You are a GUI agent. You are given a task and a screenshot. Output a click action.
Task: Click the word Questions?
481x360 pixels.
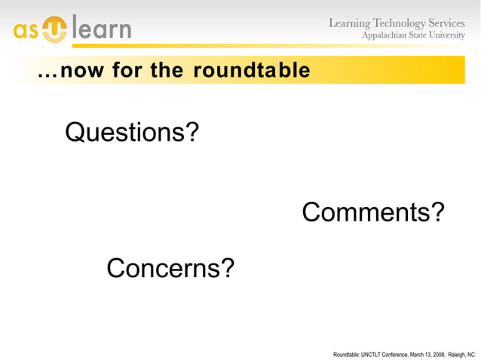click(132, 133)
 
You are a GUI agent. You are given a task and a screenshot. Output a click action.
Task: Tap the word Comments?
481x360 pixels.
click(372, 212)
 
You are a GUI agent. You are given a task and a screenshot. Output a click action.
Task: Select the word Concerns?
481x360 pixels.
click(170, 267)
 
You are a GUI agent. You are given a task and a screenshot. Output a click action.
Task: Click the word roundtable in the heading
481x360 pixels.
click(251, 71)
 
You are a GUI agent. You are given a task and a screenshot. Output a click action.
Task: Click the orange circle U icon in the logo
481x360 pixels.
click(56, 30)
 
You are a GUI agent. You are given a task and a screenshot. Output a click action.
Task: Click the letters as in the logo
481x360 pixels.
click(26, 32)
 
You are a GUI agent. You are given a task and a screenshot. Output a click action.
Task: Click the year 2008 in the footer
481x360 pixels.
click(437, 353)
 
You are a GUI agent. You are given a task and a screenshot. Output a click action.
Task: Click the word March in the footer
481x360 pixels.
click(417, 353)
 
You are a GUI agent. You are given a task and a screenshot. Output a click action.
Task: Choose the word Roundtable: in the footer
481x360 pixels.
click(346, 353)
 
